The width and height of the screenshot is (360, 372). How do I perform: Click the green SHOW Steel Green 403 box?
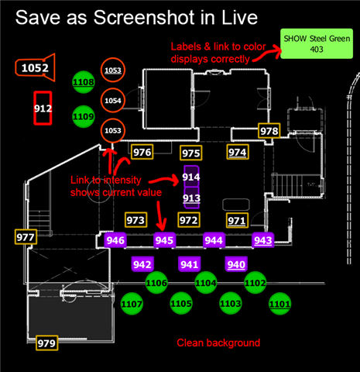click(317, 43)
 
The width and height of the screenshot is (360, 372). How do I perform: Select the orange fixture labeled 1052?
click(35, 67)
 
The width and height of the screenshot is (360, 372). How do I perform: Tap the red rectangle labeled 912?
click(43, 108)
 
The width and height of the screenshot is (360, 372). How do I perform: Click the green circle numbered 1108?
click(84, 82)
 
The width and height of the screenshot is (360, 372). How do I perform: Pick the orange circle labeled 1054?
click(113, 100)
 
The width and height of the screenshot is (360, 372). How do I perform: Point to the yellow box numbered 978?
click(269, 131)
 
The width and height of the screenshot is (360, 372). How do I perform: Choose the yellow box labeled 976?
click(142, 152)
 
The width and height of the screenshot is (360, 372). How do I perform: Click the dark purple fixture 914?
click(191, 177)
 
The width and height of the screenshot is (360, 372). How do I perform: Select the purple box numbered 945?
click(164, 240)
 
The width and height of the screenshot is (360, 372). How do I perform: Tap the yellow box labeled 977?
click(26, 237)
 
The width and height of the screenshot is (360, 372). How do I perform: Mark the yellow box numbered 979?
click(46, 343)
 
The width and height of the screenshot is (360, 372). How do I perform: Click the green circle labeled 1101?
click(280, 304)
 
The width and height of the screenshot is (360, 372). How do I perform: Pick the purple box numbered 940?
click(236, 264)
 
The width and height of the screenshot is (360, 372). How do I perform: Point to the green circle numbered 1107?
click(132, 304)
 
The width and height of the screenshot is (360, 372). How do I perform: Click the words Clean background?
click(218, 343)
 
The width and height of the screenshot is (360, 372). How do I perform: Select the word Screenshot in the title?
click(144, 18)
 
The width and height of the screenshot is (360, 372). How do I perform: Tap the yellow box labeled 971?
click(237, 220)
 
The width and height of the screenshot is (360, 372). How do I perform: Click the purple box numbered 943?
click(263, 240)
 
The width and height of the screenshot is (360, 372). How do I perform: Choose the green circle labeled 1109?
click(84, 116)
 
